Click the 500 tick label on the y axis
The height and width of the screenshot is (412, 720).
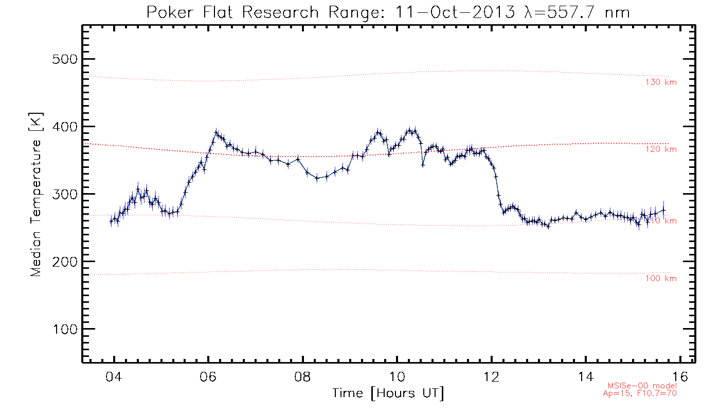click(64, 59)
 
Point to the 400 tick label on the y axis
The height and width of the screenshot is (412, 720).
click(64, 127)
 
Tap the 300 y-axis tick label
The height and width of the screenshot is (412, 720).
click(64, 194)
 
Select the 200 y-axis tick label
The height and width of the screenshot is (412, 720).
click(64, 262)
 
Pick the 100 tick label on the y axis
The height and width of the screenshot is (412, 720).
click(64, 329)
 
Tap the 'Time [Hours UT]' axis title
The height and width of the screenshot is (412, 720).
click(388, 393)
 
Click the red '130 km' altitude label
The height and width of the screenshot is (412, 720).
click(661, 82)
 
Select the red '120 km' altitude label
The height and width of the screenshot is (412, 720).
click(661, 149)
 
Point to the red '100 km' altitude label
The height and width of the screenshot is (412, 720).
click(661, 279)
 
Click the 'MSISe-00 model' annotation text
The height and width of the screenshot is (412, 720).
click(642, 386)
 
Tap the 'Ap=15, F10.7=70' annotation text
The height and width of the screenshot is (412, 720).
click(639, 393)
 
